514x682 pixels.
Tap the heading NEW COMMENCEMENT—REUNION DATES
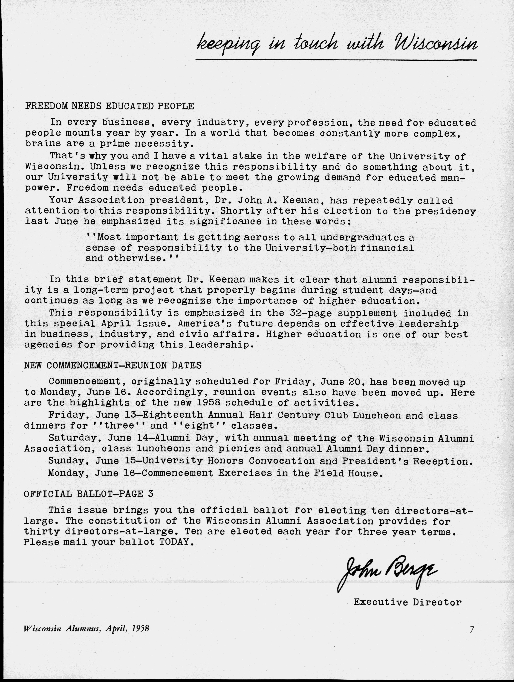[x=113, y=366]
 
